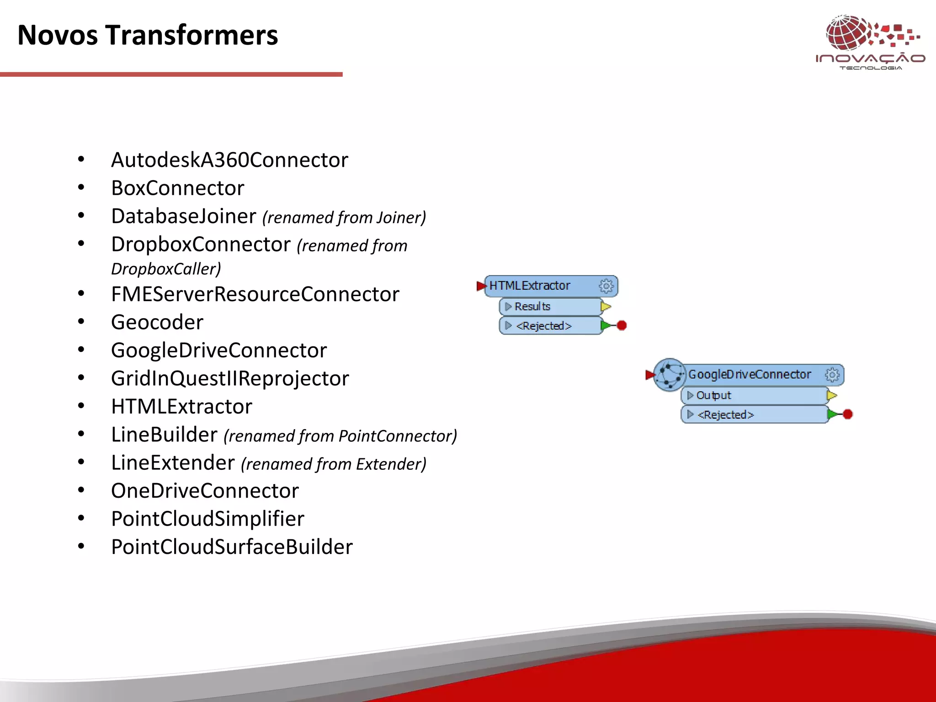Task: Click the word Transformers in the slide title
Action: coord(191,35)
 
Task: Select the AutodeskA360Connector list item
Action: coord(229,160)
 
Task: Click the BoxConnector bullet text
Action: coord(177,188)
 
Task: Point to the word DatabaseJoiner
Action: coord(183,217)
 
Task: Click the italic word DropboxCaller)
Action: coord(166,269)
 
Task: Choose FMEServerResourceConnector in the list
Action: coord(255,294)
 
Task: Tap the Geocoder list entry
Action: coord(157,323)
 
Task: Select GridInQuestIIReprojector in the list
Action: coord(230,378)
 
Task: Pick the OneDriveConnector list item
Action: coord(205,491)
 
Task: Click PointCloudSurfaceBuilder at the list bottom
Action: coord(232,547)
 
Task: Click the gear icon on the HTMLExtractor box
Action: coord(606,286)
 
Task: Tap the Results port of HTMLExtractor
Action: coord(532,306)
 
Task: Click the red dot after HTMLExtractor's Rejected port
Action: coord(622,325)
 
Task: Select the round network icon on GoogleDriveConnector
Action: coord(669,375)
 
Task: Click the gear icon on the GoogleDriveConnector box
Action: coord(832,375)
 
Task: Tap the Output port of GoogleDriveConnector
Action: coord(713,395)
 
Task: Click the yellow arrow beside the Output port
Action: coord(832,395)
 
